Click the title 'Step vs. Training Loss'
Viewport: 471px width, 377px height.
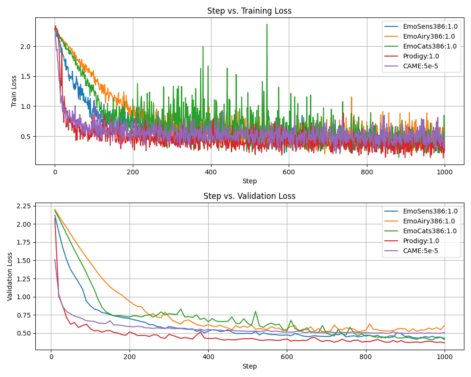point(249,11)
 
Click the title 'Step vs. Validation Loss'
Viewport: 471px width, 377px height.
point(249,196)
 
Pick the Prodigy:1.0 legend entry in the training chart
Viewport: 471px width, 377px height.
point(421,56)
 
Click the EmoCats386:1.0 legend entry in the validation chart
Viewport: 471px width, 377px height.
point(430,231)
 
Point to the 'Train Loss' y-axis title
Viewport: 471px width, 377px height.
point(14,91)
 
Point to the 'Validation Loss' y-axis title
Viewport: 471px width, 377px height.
point(10,276)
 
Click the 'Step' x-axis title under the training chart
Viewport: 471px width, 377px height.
point(249,181)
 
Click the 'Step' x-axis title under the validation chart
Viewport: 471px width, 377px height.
point(249,366)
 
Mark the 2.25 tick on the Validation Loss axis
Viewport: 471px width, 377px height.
point(23,206)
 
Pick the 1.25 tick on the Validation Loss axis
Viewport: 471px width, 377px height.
point(23,279)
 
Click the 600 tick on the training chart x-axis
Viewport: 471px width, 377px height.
point(288,172)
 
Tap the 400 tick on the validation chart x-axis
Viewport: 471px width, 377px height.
point(208,357)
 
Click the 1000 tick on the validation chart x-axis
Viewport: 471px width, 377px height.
point(444,357)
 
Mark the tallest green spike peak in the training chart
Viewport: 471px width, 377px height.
point(267,25)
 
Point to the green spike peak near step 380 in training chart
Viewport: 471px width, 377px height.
point(203,47)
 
